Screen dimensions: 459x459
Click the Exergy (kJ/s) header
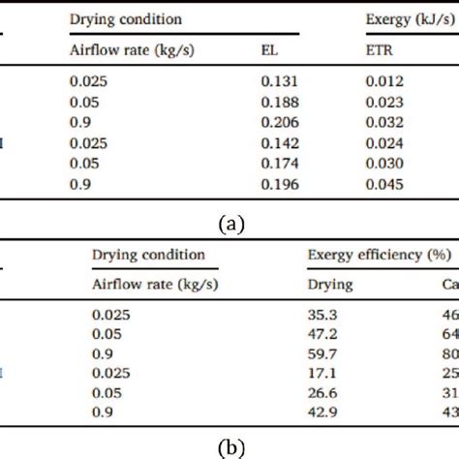[407, 19]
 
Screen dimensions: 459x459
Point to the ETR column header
[378, 51]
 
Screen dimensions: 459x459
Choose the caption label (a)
[229, 223]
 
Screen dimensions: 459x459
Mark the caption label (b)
[229, 448]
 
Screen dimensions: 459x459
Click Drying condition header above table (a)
[128, 19]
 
